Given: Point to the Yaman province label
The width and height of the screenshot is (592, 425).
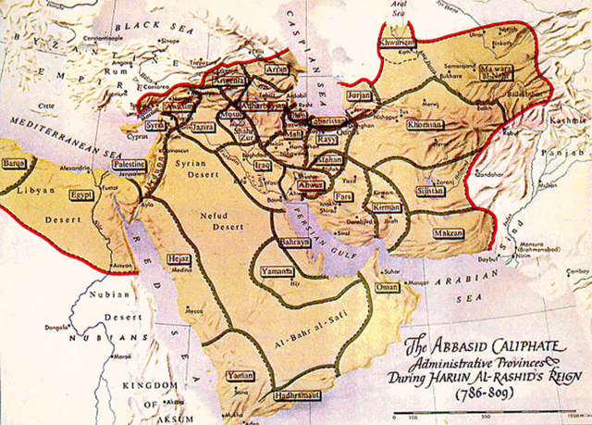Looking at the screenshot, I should [x=240, y=376].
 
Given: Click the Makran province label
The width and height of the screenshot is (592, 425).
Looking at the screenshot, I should [x=448, y=233].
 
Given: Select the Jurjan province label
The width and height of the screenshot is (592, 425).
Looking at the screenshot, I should [x=359, y=94].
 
